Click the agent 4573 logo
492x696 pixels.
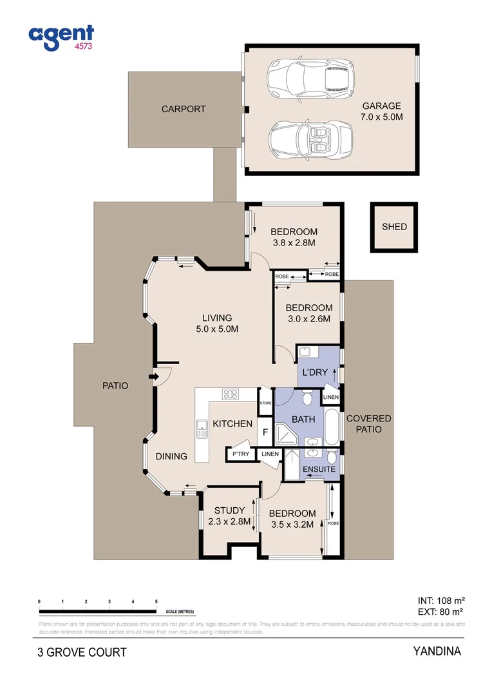62,38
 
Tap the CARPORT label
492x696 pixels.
184,109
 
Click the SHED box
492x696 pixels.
394,227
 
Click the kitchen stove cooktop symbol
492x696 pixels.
231,394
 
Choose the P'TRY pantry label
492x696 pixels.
240,454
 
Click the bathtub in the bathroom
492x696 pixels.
330,425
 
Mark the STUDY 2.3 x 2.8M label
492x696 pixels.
229,516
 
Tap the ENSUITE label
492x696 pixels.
319,469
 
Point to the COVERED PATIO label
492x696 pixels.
368,423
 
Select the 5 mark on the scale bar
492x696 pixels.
156,601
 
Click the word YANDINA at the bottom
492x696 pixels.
437,651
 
